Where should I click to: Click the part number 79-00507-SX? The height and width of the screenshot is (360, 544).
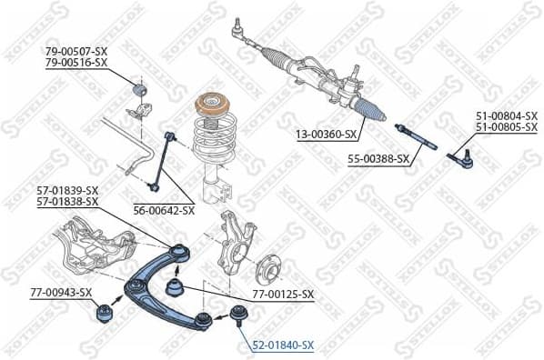[76, 52]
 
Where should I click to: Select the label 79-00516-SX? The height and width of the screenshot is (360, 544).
[76, 63]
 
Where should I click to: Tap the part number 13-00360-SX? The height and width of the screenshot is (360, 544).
[325, 135]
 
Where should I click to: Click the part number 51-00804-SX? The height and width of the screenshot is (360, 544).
[506, 115]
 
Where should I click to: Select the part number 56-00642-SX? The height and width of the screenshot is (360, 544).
[164, 210]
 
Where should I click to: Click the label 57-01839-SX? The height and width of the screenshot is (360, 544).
[67, 190]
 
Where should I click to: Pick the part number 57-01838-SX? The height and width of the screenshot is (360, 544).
[67, 201]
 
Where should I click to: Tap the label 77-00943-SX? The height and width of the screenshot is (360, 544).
[61, 292]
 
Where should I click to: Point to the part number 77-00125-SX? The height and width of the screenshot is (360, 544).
[283, 295]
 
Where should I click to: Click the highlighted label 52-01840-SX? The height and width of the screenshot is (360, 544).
[283, 345]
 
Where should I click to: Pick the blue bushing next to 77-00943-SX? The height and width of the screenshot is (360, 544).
[105, 315]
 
